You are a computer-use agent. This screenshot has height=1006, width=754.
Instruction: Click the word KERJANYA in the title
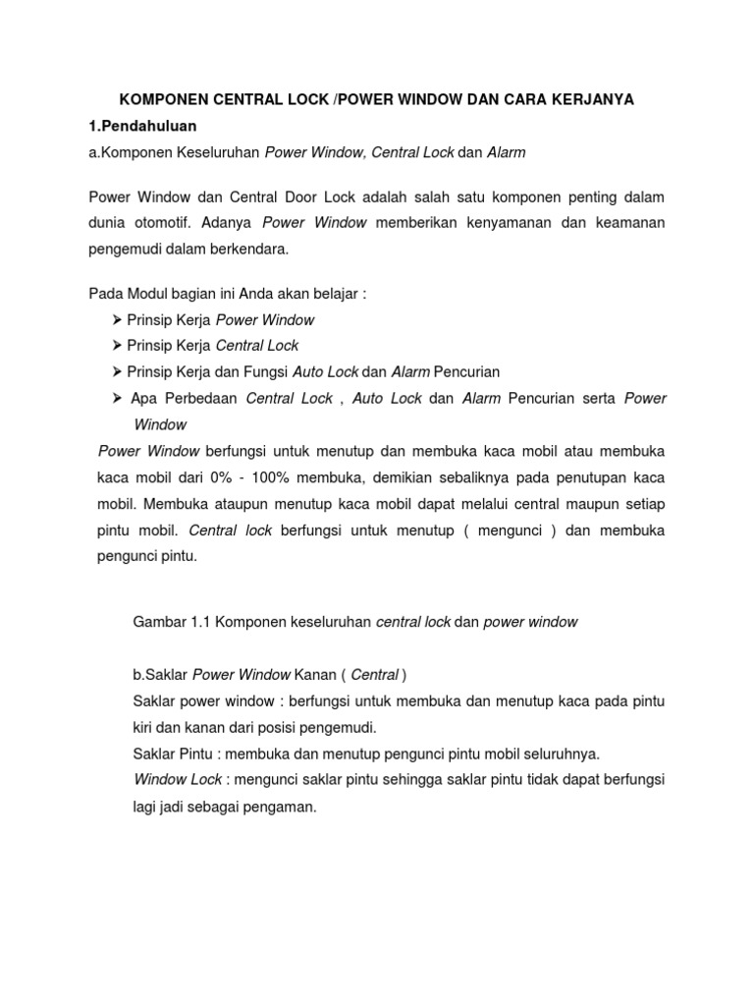(x=590, y=99)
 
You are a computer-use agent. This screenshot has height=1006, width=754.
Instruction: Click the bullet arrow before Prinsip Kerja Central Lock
(x=117, y=346)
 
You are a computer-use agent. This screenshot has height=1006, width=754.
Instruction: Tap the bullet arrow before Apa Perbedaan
(x=117, y=398)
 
